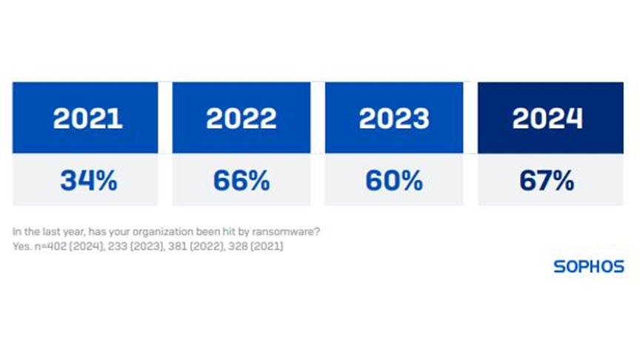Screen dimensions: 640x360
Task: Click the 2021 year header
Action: pyautogui.click(x=85, y=118)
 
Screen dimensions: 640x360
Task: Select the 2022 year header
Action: pyautogui.click(x=241, y=118)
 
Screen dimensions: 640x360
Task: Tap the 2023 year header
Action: pyautogui.click(x=394, y=118)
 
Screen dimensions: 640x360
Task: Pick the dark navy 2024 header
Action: pyautogui.click(x=550, y=118)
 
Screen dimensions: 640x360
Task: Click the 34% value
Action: pyautogui.click(x=89, y=181)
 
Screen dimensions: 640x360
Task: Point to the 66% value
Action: pyautogui.click(x=241, y=181)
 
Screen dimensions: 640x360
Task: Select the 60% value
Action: pyautogui.click(x=394, y=181)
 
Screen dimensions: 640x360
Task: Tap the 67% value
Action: pyautogui.click(x=547, y=181)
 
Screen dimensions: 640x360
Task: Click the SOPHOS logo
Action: pyautogui.click(x=589, y=267)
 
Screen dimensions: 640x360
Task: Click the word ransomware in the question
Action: pyautogui.click(x=286, y=231)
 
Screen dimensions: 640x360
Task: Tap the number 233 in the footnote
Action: pyautogui.click(x=118, y=246)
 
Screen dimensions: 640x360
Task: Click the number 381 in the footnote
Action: pyautogui.click(x=178, y=246)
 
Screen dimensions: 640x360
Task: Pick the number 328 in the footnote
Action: pyautogui.click(x=238, y=246)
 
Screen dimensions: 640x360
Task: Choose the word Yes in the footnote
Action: pyautogui.click(x=21, y=246)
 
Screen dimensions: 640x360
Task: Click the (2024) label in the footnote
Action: pyautogui.click(x=87, y=246)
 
